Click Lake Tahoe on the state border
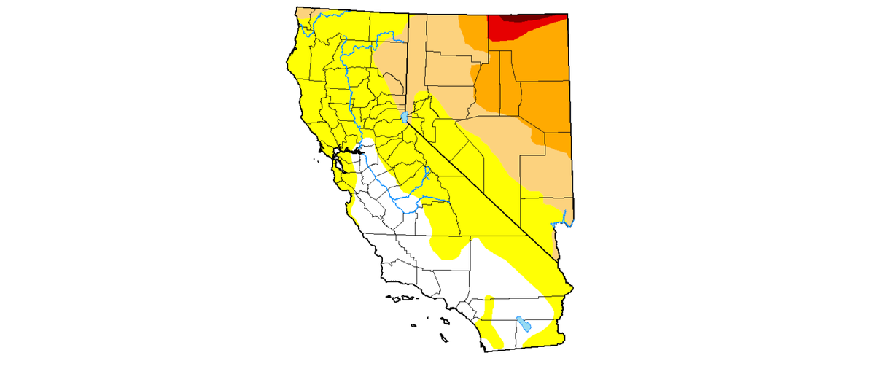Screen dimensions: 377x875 [x=404, y=117]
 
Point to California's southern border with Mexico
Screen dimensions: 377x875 [x=525, y=347]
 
